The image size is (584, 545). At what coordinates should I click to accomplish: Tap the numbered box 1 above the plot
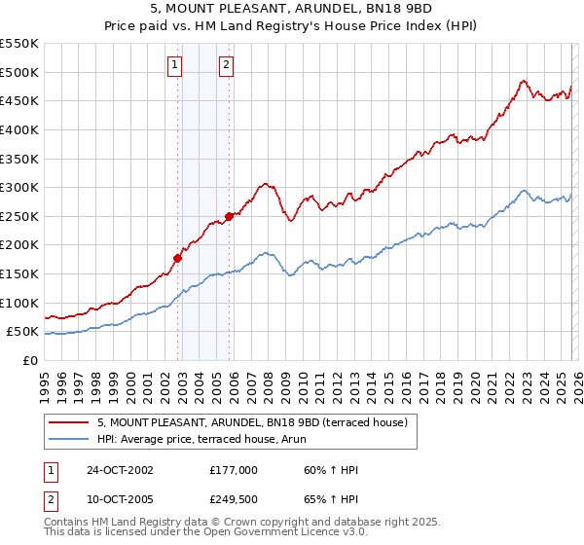point(174,65)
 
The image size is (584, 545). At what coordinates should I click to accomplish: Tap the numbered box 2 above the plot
point(226,65)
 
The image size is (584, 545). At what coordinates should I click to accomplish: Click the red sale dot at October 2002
point(178,258)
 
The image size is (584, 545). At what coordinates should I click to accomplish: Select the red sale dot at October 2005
point(229,216)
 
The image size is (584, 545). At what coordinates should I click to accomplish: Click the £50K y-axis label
point(22,332)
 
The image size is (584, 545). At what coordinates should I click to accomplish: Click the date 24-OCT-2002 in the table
point(119,470)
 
